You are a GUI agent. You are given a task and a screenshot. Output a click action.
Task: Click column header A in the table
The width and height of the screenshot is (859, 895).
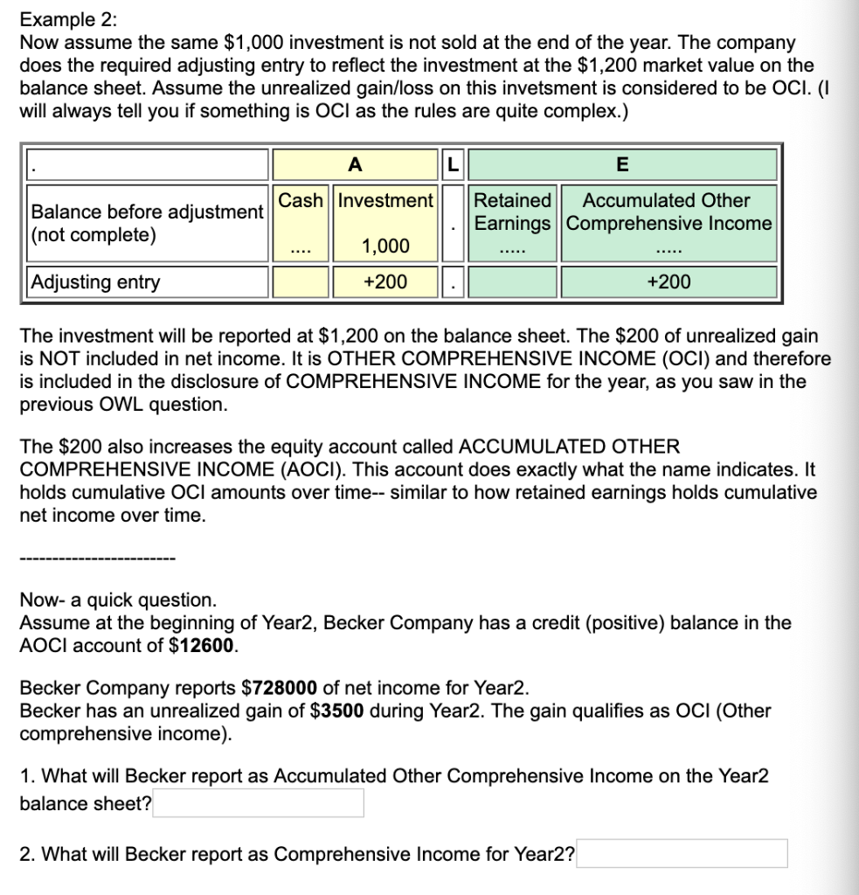pyautogui.click(x=354, y=164)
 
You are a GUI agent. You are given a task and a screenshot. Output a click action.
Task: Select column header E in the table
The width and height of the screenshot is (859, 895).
pyautogui.click(x=622, y=164)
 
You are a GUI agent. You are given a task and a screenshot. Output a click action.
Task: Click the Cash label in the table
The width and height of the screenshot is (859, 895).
pyautogui.click(x=301, y=200)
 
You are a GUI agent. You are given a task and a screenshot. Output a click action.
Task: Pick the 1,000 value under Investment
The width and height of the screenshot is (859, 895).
pyautogui.click(x=385, y=246)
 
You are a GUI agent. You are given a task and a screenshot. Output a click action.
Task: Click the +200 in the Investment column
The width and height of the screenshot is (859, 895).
pyautogui.click(x=385, y=281)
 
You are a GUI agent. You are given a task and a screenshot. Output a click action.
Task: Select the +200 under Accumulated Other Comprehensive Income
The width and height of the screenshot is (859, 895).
pyautogui.click(x=668, y=281)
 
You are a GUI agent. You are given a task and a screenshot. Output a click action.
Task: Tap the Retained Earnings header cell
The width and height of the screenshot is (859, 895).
pyautogui.click(x=513, y=212)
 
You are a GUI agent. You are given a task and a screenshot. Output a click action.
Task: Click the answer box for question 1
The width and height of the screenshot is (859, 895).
pyautogui.click(x=259, y=803)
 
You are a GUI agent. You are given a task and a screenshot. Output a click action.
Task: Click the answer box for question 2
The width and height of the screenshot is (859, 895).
pyautogui.click(x=682, y=854)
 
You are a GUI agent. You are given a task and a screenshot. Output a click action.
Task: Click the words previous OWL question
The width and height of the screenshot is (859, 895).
pyautogui.click(x=123, y=405)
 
